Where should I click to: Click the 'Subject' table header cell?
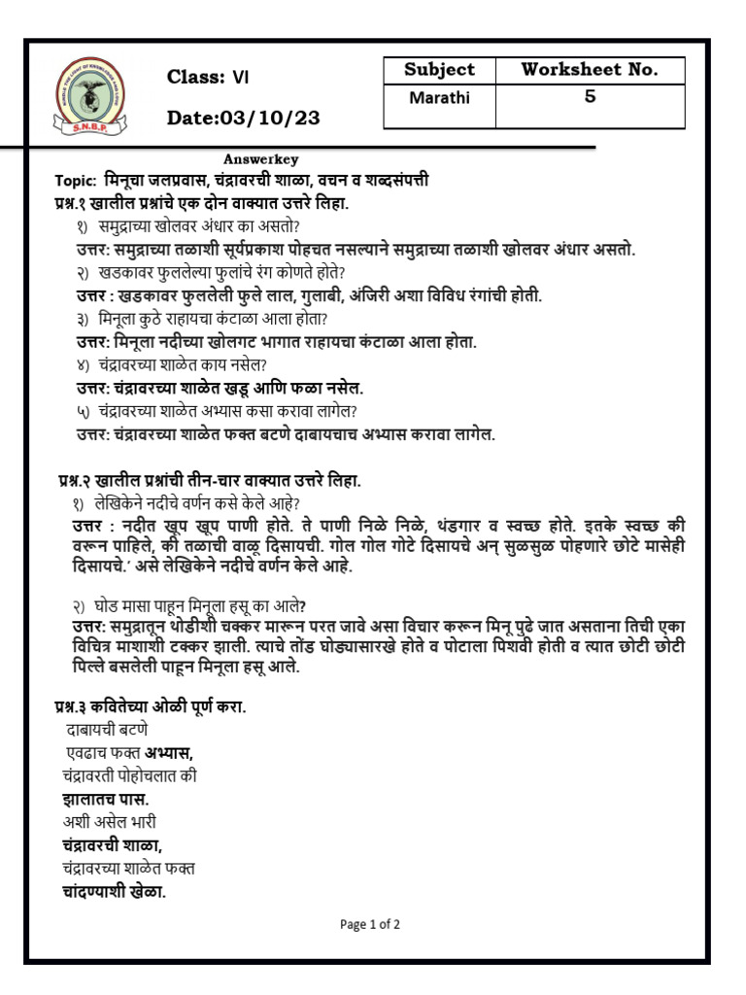coord(439,70)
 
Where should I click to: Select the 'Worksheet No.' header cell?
coord(589,70)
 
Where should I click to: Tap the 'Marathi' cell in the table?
coord(439,98)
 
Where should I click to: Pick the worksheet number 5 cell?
coord(589,98)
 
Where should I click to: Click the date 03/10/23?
coord(243,118)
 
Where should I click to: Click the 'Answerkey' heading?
coord(260,159)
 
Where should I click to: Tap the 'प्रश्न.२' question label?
coord(81,480)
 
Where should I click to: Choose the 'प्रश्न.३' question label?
coord(77,707)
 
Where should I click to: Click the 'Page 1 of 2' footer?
coord(370,924)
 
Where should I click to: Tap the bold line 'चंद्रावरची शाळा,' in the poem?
coord(112,844)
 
